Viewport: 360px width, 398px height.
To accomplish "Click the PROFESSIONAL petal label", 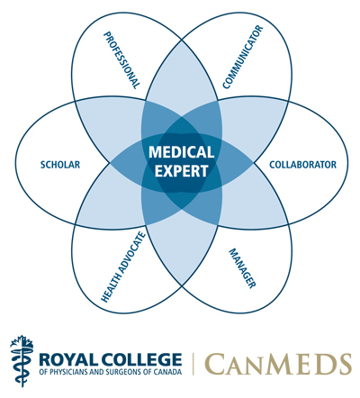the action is (x=121, y=60).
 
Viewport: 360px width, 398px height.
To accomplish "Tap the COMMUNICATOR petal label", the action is (x=243, y=57).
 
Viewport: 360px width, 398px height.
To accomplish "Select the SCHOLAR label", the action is (x=60, y=165).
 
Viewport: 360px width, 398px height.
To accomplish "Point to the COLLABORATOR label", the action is (x=302, y=165).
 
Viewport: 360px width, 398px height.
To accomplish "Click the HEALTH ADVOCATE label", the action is (x=123, y=267).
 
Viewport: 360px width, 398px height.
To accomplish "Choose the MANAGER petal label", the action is (x=242, y=268).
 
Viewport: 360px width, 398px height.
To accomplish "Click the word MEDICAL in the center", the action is (x=182, y=152).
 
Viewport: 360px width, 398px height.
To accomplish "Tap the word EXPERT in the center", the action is (x=182, y=171).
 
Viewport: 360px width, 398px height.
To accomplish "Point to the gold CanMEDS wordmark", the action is (x=278, y=364).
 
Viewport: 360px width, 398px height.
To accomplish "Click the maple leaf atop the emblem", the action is (x=22, y=342).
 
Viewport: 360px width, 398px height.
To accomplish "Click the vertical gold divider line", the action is (x=193, y=364).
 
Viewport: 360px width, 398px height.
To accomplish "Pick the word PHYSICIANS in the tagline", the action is (x=66, y=372).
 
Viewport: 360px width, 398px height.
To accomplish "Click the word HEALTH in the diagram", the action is (x=108, y=290).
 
